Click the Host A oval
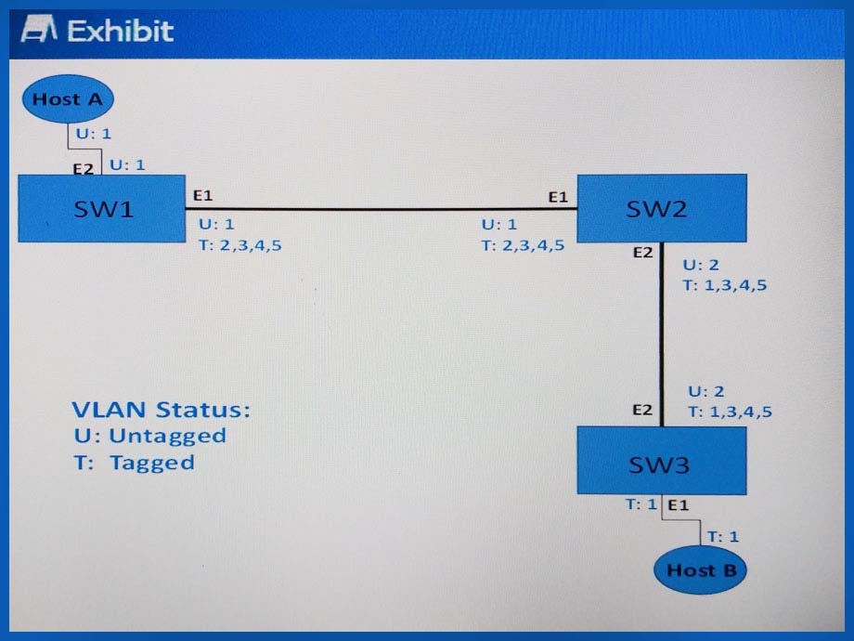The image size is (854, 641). click(68, 98)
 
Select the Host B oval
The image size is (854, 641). click(701, 570)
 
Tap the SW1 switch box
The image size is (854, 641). click(102, 208)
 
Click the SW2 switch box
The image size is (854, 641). click(662, 208)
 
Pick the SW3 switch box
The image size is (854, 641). click(662, 461)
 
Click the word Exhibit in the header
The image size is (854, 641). click(121, 31)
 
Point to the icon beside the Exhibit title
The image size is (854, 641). click(39, 29)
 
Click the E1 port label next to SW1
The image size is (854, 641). click(202, 195)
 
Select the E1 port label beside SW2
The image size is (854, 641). click(558, 197)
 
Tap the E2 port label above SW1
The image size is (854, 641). click(84, 169)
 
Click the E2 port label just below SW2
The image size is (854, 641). click(642, 253)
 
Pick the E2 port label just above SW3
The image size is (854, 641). click(642, 410)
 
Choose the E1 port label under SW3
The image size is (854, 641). click(678, 505)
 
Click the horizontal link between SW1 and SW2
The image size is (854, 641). click(382, 208)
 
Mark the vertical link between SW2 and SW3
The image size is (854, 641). click(662, 334)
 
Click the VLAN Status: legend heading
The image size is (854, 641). click(162, 410)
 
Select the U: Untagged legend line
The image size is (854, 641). click(149, 436)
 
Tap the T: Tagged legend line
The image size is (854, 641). click(134, 463)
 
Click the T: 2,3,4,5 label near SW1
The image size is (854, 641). click(239, 245)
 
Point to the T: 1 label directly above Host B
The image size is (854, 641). click(723, 536)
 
